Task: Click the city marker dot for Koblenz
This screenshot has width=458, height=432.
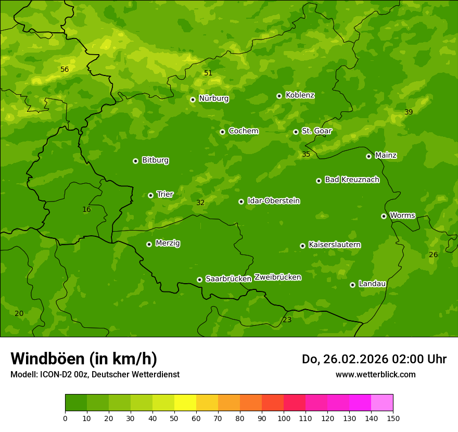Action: pyautogui.click(x=279, y=96)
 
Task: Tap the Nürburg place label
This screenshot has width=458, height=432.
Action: pyautogui.click(x=213, y=98)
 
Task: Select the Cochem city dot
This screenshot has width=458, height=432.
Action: pyautogui.click(x=222, y=132)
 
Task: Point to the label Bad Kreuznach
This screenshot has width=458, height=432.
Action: pyautogui.click(x=352, y=180)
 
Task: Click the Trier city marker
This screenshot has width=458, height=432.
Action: pyautogui.click(x=150, y=195)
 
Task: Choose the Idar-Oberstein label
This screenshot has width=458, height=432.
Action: pyautogui.click(x=273, y=200)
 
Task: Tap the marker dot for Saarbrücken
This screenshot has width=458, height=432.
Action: pyautogui.click(x=199, y=279)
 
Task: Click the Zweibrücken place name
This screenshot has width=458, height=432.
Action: pyautogui.click(x=277, y=277)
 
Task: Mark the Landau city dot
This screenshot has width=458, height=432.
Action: pyautogui.click(x=352, y=285)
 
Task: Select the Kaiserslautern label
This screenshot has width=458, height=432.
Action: pyautogui.click(x=335, y=245)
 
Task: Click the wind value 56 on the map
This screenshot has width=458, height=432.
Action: pyautogui.click(x=65, y=69)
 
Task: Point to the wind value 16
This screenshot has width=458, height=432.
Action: pyautogui.click(x=86, y=209)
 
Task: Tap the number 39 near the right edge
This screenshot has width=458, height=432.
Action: pyautogui.click(x=409, y=112)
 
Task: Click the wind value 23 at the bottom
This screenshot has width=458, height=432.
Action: pyautogui.click(x=287, y=320)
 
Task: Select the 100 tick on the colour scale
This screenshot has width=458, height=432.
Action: pyautogui.click(x=284, y=418)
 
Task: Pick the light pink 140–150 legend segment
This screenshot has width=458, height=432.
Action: pyautogui.click(x=382, y=403)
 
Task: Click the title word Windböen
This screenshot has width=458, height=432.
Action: pyautogui.click(x=47, y=359)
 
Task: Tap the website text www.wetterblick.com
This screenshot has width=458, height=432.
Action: pyautogui.click(x=375, y=374)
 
